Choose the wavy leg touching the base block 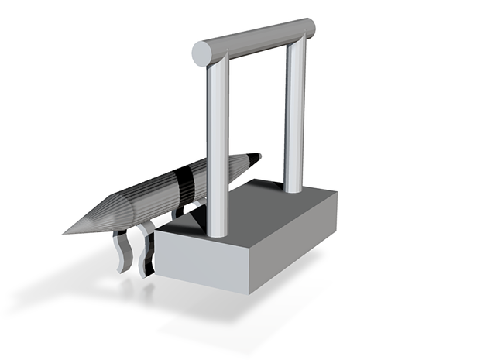point(145,252)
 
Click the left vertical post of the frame point(218,147)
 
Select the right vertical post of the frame point(294,116)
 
